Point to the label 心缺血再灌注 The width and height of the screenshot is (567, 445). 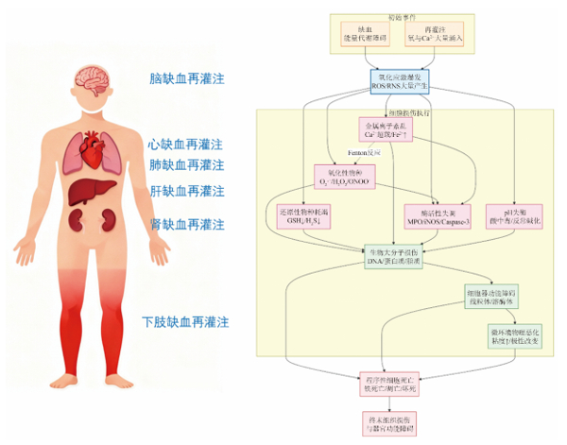pos(185,145)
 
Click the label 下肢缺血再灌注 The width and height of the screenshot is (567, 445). pos(185,321)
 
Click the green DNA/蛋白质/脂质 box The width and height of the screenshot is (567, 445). pos(396,256)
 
